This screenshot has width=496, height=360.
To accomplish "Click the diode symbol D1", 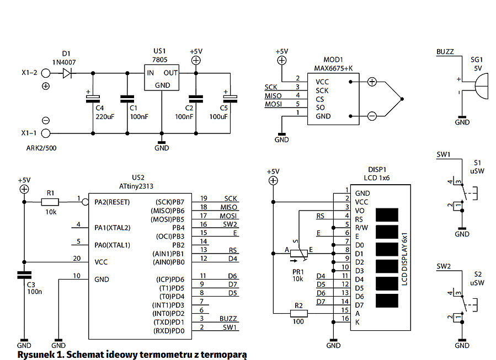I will tap(68, 72).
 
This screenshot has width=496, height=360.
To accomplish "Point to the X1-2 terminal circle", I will tap(46, 72).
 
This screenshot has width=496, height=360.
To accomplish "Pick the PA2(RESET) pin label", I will tap(113, 202).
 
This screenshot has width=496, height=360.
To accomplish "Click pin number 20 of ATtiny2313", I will tap(78, 258).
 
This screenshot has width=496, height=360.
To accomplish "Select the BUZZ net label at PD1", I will tap(228, 319).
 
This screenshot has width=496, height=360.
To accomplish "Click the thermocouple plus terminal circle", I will tap(372, 82).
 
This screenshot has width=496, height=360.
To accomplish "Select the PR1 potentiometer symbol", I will tap(298, 253).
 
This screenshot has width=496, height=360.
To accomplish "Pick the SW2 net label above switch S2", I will tap(444, 267).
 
